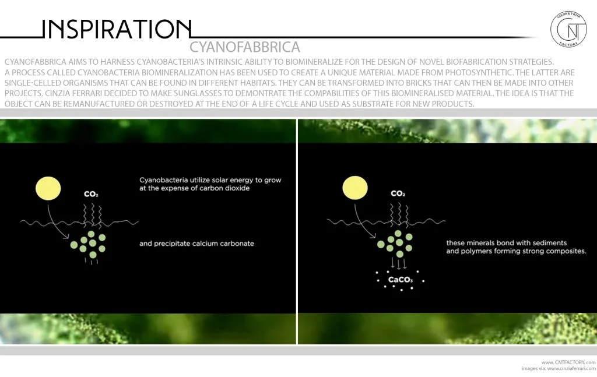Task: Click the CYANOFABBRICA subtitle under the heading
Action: click(245, 47)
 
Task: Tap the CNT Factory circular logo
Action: click(569, 29)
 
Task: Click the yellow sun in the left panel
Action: click(48, 188)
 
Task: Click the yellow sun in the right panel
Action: click(355, 188)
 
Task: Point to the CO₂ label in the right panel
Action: click(398, 193)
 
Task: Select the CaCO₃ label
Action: click(401, 281)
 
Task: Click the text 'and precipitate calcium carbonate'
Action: click(196, 244)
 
